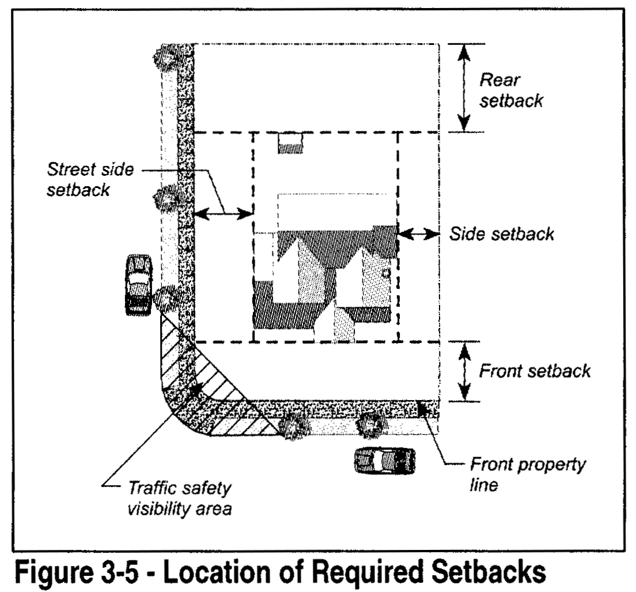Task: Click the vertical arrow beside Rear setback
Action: (464, 87)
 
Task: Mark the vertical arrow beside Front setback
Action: (464, 371)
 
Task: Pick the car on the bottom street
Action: (384, 459)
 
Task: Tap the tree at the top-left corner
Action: (165, 56)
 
